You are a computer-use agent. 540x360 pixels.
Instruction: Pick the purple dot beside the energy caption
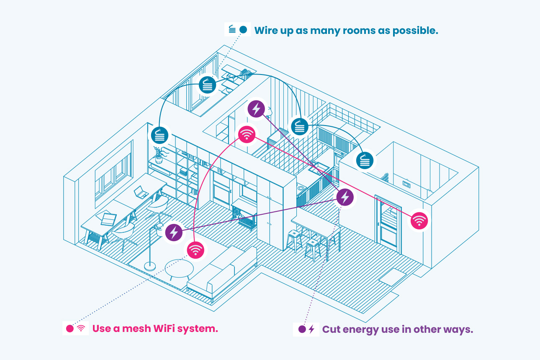click(301, 329)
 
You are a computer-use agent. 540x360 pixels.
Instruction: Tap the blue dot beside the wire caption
click(243, 30)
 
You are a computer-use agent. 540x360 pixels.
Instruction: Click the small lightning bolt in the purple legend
click(311, 329)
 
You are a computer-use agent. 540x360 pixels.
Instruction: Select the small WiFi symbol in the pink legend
click(81, 329)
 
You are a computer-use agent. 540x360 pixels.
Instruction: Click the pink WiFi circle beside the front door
click(419, 220)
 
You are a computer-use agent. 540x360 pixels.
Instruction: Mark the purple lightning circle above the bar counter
click(345, 196)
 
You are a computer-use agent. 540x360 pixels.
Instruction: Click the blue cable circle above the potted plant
click(159, 135)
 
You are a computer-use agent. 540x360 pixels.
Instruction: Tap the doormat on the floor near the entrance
click(392, 277)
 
